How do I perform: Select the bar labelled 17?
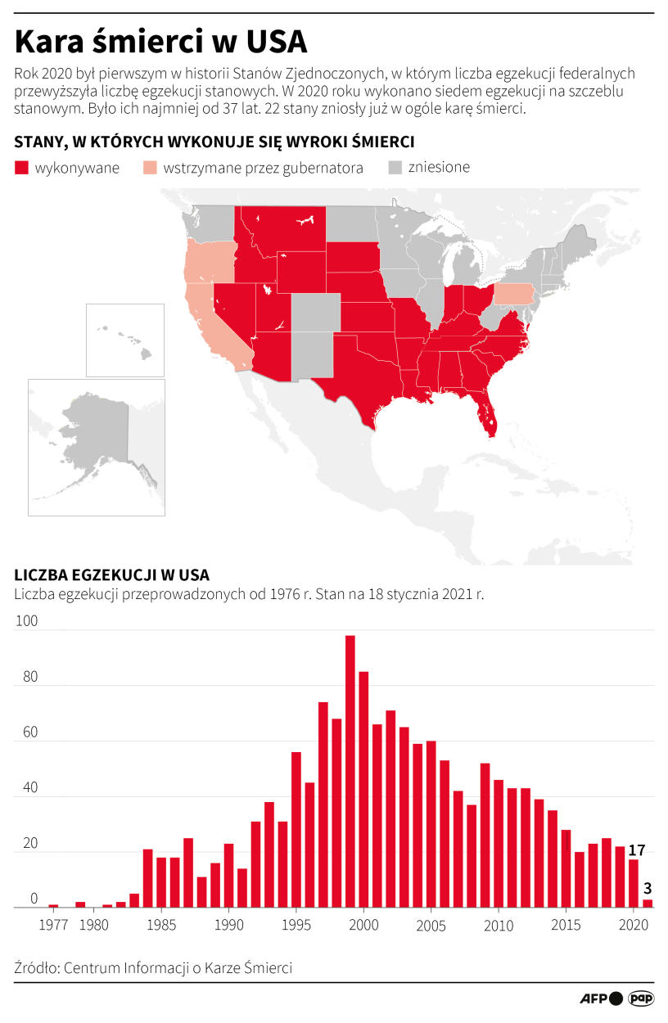coord(634,884)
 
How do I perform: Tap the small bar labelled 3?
coord(648,904)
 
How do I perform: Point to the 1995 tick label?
coord(296,926)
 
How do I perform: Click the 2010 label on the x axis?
coord(499,926)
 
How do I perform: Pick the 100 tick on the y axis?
coord(27,621)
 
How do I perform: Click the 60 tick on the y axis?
coord(28,732)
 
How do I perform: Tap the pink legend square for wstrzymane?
coord(150,168)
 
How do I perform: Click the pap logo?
coord(641,998)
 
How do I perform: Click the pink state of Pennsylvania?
coord(513,294)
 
